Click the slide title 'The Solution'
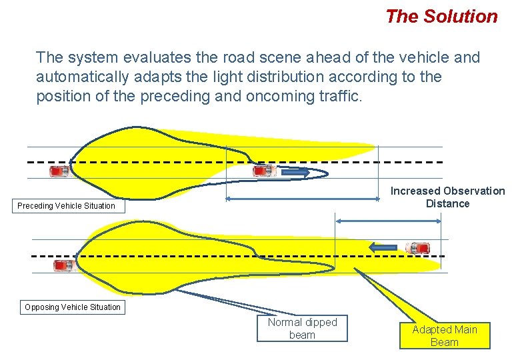click(441, 17)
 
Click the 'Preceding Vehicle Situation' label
click(66, 206)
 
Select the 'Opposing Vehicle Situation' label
click(73, 307)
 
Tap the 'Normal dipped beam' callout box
click(302, 329)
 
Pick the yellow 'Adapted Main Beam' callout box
click(445, 336)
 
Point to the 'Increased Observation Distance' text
click(447, 197)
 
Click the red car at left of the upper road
click(60, 171)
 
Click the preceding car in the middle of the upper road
click(264, 171)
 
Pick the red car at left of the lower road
click(63, 265)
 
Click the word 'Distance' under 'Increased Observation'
click(447, 204)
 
